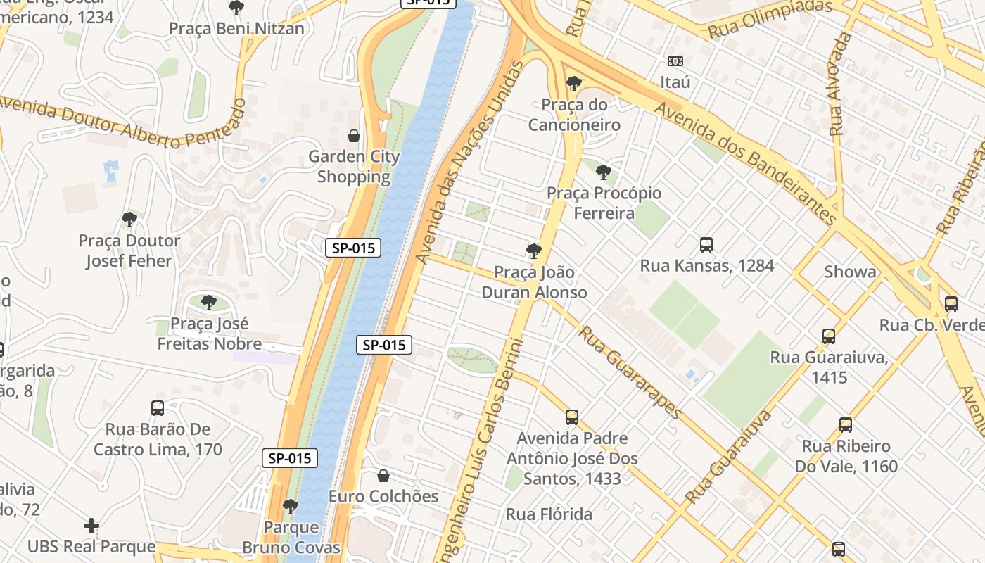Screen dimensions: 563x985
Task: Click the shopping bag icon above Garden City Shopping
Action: [354, 135]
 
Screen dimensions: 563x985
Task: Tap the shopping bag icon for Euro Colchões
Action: [383, 476]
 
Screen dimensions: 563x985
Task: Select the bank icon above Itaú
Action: [675, 61]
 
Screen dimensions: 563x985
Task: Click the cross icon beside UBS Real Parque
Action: [91, 526]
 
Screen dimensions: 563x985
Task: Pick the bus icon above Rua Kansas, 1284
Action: [706, 245]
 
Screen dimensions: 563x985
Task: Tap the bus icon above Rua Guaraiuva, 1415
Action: [829, 336]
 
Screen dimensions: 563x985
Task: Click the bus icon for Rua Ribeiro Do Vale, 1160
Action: [846, 425]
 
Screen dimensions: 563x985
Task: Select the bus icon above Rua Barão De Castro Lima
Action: [158, 408]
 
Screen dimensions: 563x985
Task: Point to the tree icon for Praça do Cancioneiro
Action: [574, 84]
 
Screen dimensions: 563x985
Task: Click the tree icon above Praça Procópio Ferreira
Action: [603, 172]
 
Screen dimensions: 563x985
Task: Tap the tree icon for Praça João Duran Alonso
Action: [534, 251]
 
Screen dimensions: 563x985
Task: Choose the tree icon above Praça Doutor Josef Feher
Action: [129, 220]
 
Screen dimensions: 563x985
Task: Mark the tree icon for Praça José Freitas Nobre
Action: [208, 303]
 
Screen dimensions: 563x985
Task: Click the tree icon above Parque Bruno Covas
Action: [291, 507]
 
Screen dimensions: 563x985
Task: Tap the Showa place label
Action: [851, 272]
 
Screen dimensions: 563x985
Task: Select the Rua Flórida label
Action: [549, 514]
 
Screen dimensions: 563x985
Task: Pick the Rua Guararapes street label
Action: [630, 372]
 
